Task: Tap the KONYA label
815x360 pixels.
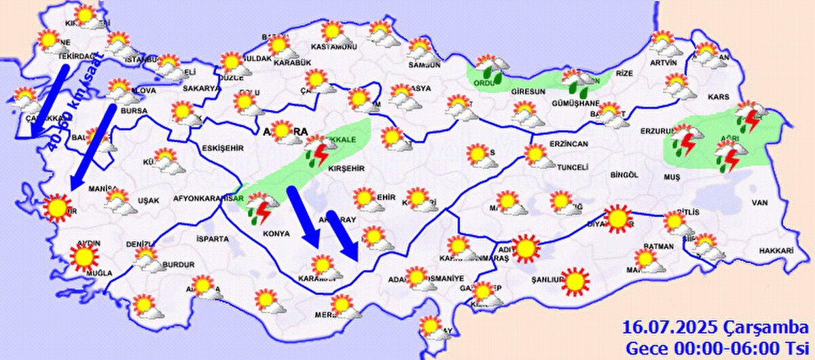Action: [276, 234]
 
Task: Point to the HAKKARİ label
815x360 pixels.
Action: [776, 251]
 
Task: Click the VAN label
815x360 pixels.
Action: [759, 202]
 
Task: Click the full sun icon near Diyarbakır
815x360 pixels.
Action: [617, 218]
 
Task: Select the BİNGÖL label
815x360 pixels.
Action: [624, 175]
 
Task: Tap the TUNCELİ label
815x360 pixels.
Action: [570, 167]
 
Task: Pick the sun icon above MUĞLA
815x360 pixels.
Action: [84, 256]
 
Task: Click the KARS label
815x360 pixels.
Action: [719, 97]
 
